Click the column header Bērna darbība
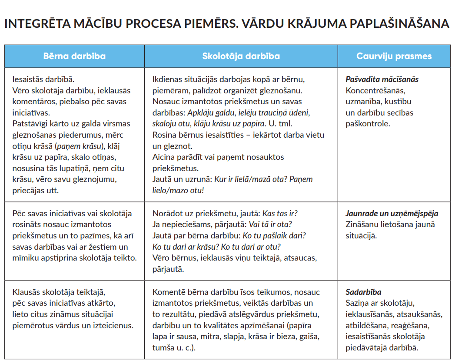[74, 56]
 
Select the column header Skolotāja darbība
[241, 56]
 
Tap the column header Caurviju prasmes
[394, 56]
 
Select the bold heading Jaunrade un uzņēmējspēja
[392, 214]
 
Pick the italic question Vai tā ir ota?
[270, 225]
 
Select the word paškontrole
[368, 124]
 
